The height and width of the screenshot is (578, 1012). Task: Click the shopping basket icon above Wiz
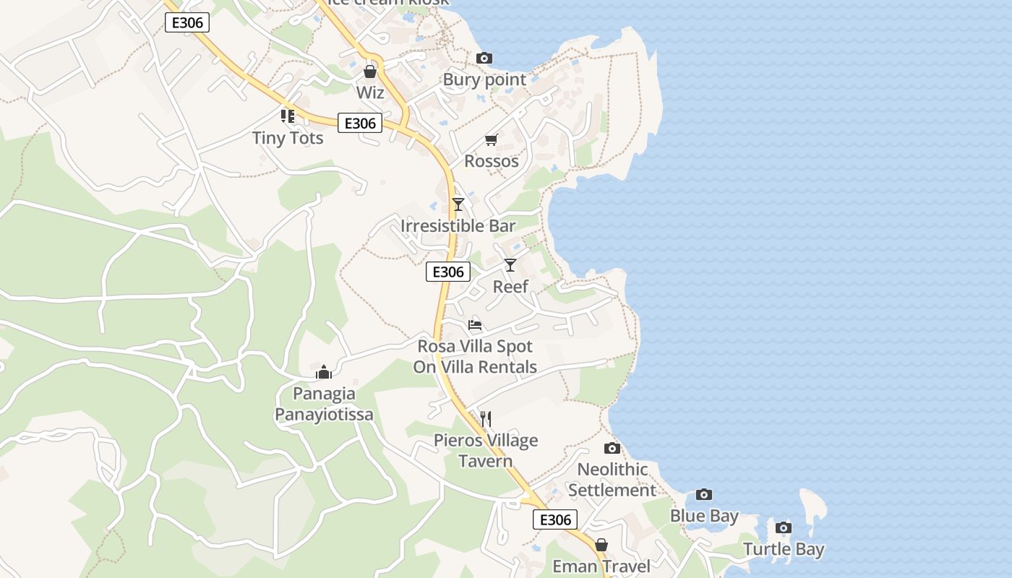point(370,72)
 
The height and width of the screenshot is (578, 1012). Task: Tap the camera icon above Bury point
point(484,59)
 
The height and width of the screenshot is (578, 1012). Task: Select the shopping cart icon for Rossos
point(492,139)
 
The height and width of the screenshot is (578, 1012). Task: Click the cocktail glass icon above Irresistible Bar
point(458,204)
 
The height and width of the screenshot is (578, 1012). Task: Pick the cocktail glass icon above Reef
point(510,265)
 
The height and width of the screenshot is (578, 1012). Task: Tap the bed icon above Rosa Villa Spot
point(475,324)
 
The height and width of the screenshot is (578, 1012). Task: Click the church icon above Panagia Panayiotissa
point(324,372)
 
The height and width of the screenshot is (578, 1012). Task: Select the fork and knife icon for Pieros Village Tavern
point(486,418)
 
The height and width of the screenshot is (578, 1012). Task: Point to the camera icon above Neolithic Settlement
point(612,448)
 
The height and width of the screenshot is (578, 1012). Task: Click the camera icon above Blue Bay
point(704,495)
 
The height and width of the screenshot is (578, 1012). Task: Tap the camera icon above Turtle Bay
point(784,527)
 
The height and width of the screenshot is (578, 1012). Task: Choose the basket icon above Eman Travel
point(601,545)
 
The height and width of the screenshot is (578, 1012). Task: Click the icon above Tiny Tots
point(288,116)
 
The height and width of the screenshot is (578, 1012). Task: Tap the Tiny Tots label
point(288,137)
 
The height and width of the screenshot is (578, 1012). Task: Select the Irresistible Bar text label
point(458,225)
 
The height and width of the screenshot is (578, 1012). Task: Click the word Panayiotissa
point(324,414)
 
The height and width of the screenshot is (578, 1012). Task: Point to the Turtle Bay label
point(784,549)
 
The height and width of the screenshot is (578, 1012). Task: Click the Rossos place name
point(492,160)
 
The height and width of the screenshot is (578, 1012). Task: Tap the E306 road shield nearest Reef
point(447,272)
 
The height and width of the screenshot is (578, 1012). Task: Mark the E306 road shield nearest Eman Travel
point(555,519)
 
